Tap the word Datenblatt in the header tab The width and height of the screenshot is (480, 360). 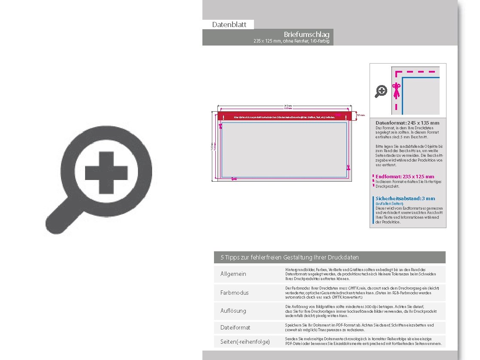pyautogui.click(x=229, y=24)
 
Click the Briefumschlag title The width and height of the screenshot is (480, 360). pyautogui.click(x=306, y=34)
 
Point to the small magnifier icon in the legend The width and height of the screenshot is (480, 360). pyautogui.click(x=381, y=91)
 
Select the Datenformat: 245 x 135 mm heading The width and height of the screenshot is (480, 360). pyautogui.click(x=407, y=123)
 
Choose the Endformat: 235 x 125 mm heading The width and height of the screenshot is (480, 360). pyautogui.click(x=405, y=177)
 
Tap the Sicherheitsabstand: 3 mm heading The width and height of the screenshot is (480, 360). pyautogui.click(x=405, y=198)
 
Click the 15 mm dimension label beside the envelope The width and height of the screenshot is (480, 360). pyautogui.click(x=361, y=115)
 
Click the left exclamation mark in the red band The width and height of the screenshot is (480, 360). pyautogui.click(x=224, y=117)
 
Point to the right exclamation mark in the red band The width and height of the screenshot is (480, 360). pyautogui.click(x=346, y=117)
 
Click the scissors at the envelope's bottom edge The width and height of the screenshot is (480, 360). pyautogui.click(x=234, y=179)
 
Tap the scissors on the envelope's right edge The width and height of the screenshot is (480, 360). pyautogui.click(x=349, y=168)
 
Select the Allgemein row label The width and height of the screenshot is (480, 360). pyautogui.click(x=233, y=274)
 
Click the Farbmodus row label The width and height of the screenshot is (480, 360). pyautogui.click(x=235, y=293)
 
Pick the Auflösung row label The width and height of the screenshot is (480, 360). pyautogui.click(x=233, y=311)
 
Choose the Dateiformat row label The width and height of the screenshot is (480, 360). pyautogui.click(x=235, y=327)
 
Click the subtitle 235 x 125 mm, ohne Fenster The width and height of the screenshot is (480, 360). pyautogui.click(x=292, y=41)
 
